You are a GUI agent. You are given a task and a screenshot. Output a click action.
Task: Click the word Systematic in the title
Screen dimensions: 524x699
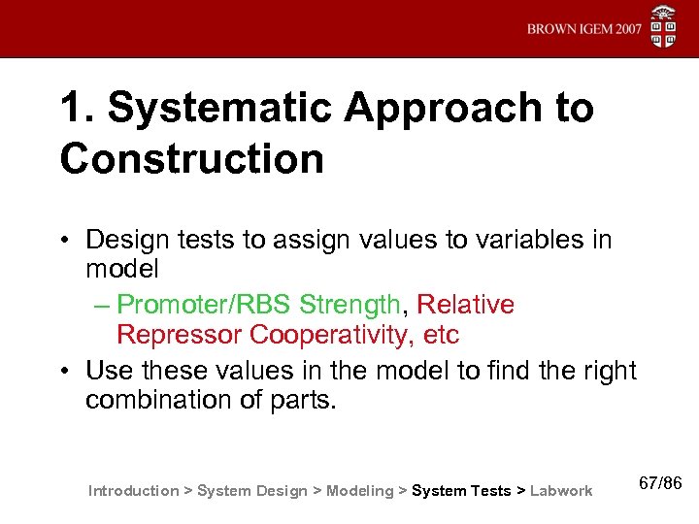(x=219, y=109)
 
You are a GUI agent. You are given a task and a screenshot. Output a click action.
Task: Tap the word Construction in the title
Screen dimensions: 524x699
(x=192, y=159)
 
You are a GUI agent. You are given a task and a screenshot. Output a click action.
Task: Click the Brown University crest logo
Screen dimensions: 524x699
(x=664, y=27)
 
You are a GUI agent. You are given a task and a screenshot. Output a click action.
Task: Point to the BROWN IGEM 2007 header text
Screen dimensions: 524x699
(x=584, y=29)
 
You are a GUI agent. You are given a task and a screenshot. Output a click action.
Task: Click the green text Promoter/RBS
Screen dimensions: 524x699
(x=204, y=305)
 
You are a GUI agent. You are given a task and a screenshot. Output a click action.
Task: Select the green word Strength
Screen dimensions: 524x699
(x=349, y=305)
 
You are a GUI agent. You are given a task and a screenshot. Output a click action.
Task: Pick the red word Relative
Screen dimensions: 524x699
(x=465, y=305)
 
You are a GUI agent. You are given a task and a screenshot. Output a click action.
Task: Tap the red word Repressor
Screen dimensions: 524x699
(x=179, y=336)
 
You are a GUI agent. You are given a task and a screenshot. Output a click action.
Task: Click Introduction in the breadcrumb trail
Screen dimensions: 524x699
(x=133, y=491)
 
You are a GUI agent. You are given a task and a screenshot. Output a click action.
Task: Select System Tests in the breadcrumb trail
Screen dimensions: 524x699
(x=461, y=491)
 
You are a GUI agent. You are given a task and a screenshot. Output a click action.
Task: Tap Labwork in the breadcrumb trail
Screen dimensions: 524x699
(x=561, y=491)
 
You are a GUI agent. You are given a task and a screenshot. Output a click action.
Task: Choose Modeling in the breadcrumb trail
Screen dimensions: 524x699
(x=360, y=491)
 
